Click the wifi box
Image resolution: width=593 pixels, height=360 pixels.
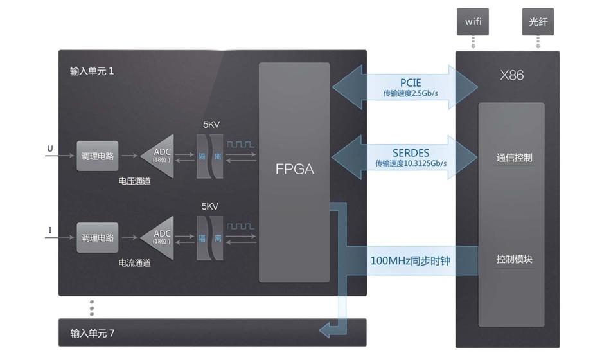(x=473, y=22)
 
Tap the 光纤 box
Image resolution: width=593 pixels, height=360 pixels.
(x=538, y=22)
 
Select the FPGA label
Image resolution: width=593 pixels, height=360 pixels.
(x=295, y=169)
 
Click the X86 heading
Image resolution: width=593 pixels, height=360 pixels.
(x=511, y=75)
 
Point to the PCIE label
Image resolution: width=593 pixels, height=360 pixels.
(x=411, y=82)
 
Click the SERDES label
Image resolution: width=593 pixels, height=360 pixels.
(x=411, y=153)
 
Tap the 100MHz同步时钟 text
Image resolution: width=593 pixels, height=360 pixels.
(x=411, y=260)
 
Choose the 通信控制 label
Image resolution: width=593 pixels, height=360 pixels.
(x=514, y=157)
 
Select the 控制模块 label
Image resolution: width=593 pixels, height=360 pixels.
(x=514, y=259)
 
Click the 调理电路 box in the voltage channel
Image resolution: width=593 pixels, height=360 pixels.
(x=98, y=156)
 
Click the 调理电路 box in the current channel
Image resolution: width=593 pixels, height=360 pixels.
(x=98, y=238)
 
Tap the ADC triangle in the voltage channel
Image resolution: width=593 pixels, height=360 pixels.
(x=158, y=156)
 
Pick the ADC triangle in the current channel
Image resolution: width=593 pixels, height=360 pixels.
(x=158, y=238)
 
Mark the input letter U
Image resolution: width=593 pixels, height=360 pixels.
(x=50, y=148)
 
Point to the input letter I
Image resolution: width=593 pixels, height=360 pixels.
(x=50, y=230)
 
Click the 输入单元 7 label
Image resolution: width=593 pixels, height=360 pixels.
(x=92, y=333)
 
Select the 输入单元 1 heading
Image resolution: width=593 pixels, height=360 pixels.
(x=92, y=71)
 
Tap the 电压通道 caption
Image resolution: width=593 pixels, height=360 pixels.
(x=135, y=181)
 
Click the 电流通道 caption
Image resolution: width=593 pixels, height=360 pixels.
(x=135, y=263)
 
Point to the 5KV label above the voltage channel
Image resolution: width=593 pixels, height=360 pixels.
(x=211, y=125)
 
